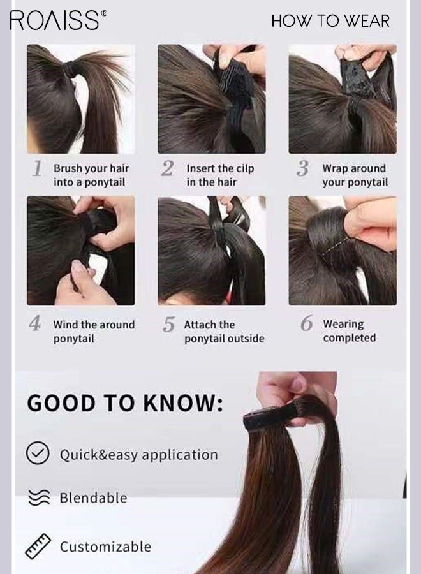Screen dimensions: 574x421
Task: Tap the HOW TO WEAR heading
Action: (330, 21)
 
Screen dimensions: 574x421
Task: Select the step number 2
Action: (167, 169)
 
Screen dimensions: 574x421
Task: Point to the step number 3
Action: (303, 169)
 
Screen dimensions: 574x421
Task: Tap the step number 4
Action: (35, 324)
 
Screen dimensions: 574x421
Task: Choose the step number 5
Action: (168, 325)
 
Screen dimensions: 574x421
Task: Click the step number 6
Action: (307, 324)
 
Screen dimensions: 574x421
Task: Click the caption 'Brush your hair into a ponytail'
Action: (91, 175)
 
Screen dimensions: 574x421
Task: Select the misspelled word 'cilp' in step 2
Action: (245, 168)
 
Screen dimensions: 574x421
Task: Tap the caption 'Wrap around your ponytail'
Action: (355, 175)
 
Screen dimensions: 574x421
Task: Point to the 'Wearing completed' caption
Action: (349, 331)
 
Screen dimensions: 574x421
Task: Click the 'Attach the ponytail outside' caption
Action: (224, 332)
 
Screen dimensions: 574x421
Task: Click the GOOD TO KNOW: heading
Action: (125, 404)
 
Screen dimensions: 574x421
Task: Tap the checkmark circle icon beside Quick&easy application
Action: (38, 453)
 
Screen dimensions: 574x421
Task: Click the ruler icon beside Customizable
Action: (38, 547)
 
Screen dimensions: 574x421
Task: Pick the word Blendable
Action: (93, 498)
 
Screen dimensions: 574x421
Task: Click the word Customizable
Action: (105, 547)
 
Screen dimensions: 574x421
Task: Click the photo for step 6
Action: (342, 251)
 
